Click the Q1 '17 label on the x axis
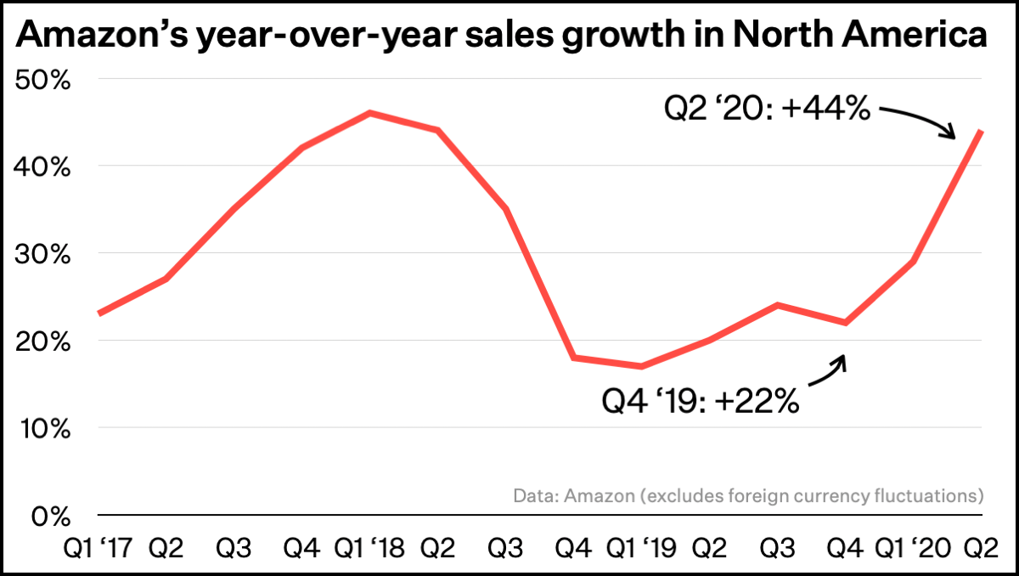[99, 548]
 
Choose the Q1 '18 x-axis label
[370, 548]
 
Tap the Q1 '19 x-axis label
[641, 548]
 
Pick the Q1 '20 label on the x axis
[913, 548]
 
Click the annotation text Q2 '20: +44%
[766, 108]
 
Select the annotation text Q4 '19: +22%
[701, 399]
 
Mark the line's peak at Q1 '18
[370, 112]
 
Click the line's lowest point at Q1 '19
[641, 366]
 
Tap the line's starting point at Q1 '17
[99, 314]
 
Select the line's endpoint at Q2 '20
[981, 131]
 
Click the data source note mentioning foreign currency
[748, 494]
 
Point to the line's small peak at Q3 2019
[777, 305]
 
